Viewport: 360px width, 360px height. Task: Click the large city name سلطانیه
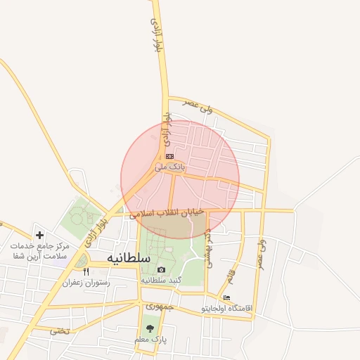[129, 258]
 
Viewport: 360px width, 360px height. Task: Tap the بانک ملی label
[169, 167]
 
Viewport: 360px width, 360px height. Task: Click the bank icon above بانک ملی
[169, 156]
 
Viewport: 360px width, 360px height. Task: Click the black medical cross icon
[39, 235]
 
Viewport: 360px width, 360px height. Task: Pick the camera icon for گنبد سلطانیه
[161, 269]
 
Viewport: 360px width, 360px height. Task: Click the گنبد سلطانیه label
[162, 280]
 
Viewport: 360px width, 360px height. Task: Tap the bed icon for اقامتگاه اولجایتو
[226, 298]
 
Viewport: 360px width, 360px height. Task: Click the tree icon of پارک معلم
[150, 328]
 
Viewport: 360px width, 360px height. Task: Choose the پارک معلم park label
[150, 339]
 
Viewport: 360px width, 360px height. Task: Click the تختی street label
[60, 330]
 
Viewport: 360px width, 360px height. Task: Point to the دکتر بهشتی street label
[210, 246]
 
